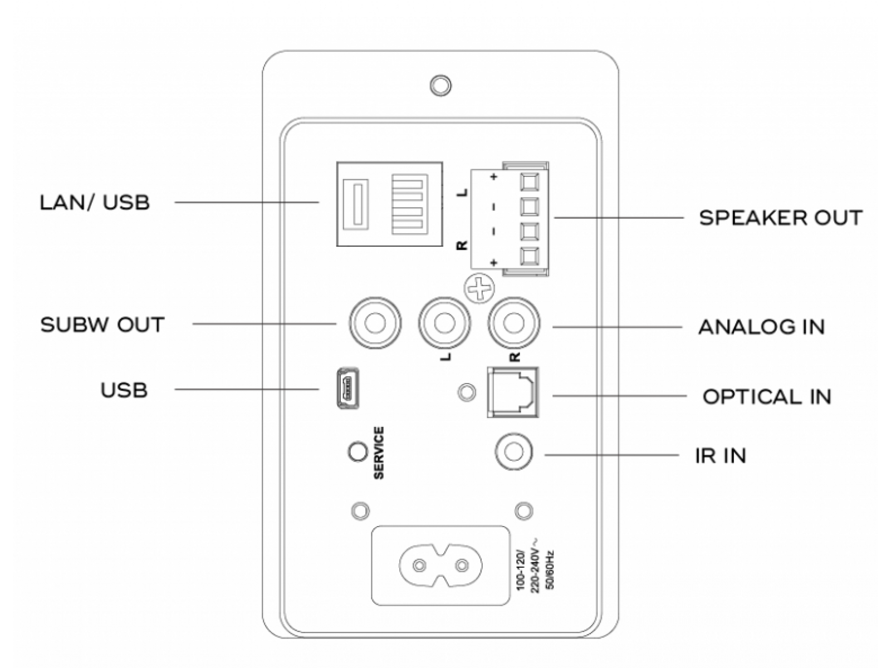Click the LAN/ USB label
click(95, 202)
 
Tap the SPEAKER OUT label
click(780, 218)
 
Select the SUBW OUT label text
click(102, 325)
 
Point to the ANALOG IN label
click(761, 327)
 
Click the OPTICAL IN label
click(766, 397)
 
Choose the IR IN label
click(720, 456)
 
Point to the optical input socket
click(513, 392)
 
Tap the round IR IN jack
click(513, 452)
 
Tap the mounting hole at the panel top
click(441, 85)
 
